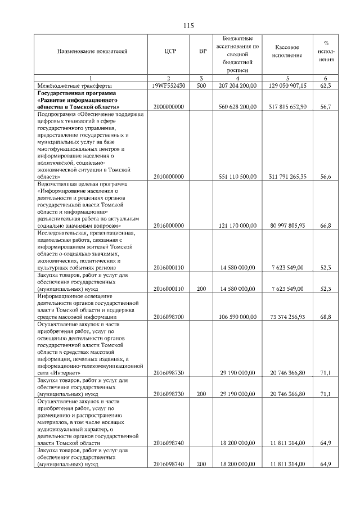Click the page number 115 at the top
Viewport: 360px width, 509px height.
[188, 25]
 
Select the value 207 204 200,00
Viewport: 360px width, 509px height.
[237, 85]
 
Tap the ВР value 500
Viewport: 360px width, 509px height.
[201, 85]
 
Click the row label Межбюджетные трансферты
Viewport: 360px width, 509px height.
[70, 85]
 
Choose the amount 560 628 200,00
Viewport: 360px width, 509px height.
[237, 106]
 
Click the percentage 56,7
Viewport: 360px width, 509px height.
[325, 106]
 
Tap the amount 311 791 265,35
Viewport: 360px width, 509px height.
[286, 177]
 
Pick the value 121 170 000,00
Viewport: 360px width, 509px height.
[237, 226]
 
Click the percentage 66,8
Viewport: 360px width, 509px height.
[325, 226]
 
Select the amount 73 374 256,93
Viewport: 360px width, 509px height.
[286, 317]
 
